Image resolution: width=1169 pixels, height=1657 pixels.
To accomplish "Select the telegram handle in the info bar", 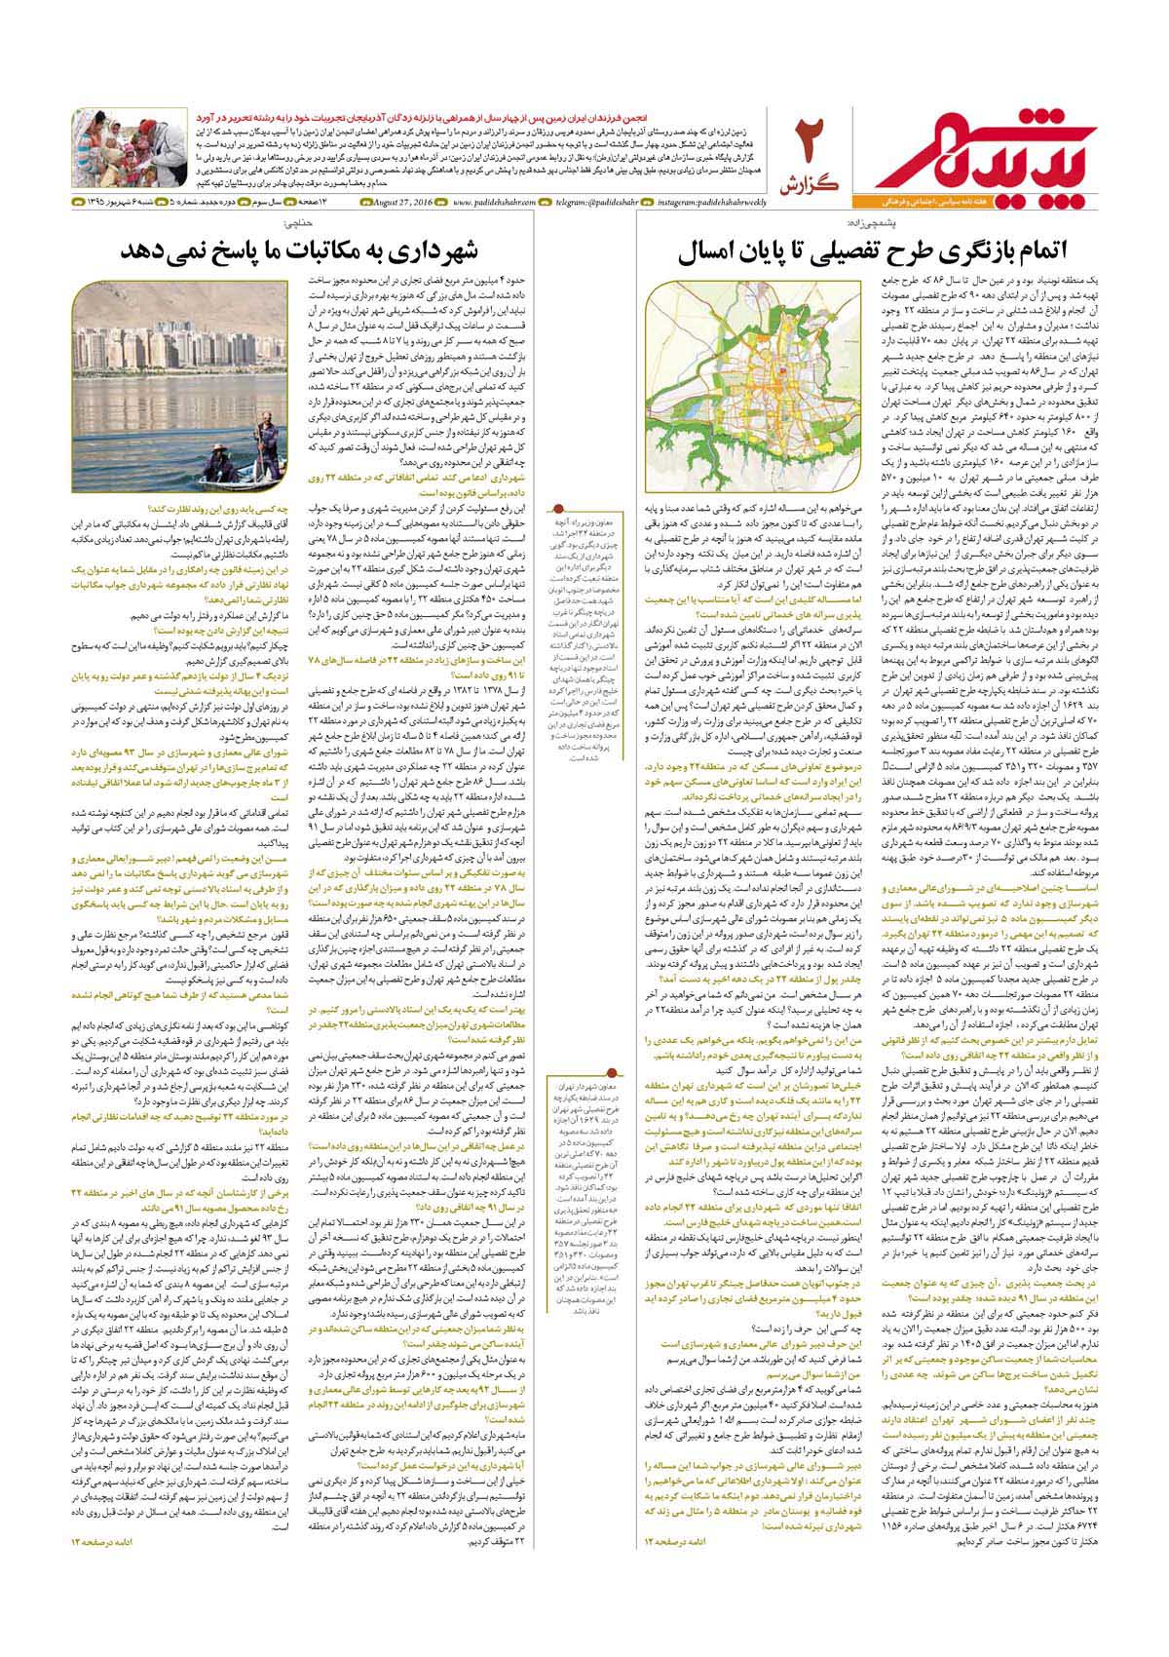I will (605, 203).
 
